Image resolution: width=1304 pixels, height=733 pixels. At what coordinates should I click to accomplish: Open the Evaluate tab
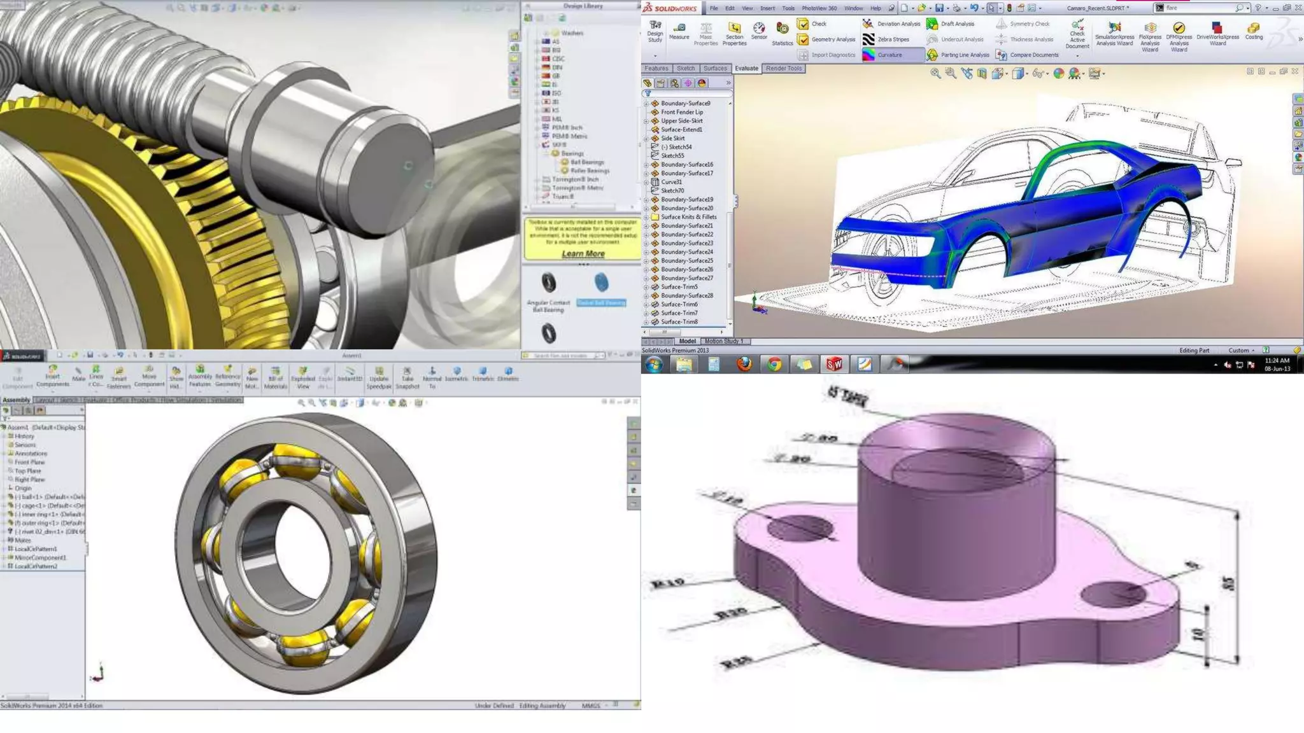pyautogui.click(x=746, y=69)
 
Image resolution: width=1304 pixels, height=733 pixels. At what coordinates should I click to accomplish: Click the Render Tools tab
pyautogui.click(x=784, y=69)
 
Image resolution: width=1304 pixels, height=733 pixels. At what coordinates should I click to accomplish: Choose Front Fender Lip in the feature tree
pyautogui.click(x=681, y=112)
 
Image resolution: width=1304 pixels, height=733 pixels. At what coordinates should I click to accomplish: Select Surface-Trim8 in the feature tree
pyautogui.click(x=679, y=322)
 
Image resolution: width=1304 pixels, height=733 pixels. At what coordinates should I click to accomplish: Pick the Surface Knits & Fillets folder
pyautogui.click(x=688, y=217)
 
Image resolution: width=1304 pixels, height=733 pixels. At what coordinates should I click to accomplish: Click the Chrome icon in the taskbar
pyautogui.click(x=774, y=364)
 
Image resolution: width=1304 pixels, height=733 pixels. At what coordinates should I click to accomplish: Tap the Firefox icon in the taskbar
pyautogui.click(x=744, y=364)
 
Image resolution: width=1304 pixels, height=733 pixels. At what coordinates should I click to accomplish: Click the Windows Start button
pyautogui.click(x=654, y=364)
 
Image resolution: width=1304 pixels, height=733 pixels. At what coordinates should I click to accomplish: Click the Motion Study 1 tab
pyautogui.click(x=723, y=342)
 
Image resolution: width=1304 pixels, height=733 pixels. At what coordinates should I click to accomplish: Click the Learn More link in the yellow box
pyautogui.click(x=583, y=254)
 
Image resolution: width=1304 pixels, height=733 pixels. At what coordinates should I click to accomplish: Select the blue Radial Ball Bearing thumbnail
pyautogui.click(x=601, y=283)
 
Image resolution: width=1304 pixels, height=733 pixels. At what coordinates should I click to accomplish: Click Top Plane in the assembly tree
pyautogui.click(x=27, y=471)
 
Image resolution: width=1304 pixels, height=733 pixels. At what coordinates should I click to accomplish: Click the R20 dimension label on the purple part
pyautogui.click(x=730, y=613)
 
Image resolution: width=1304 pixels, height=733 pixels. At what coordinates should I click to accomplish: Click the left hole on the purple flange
pyautogui.click(x=800, y=528)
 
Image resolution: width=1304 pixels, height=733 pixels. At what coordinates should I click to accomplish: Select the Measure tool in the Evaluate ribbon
pyautogui.click(x=679, y=31)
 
